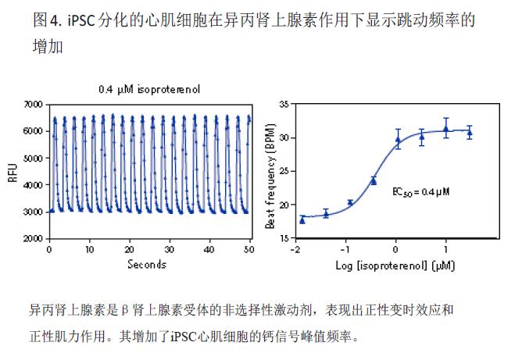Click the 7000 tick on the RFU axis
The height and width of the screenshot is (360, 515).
[33, 104]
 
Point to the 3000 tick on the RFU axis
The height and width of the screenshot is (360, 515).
[33, 211]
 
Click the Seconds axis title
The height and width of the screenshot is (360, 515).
[147, 264]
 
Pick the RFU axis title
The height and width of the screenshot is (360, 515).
[12, 172]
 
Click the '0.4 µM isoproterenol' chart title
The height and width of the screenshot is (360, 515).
[148, 90]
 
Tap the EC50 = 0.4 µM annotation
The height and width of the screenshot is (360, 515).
[421, 190]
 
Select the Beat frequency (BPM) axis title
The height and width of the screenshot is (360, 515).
[270, 172]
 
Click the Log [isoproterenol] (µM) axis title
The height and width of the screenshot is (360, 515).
[394, 265]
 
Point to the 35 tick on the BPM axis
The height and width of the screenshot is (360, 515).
[283, 104]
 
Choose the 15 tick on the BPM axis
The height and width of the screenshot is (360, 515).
[283, 237]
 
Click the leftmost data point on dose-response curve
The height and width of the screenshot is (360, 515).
[302, 219]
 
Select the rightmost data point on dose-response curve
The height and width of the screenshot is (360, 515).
[470, 133]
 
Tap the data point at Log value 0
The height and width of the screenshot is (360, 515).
[398, 141]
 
